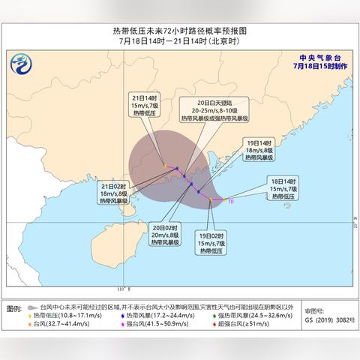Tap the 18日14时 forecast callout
(284, 186)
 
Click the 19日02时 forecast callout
(214, 241)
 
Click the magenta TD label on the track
(231, 201)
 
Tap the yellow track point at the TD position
(223, 199)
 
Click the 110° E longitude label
(124, 289)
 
